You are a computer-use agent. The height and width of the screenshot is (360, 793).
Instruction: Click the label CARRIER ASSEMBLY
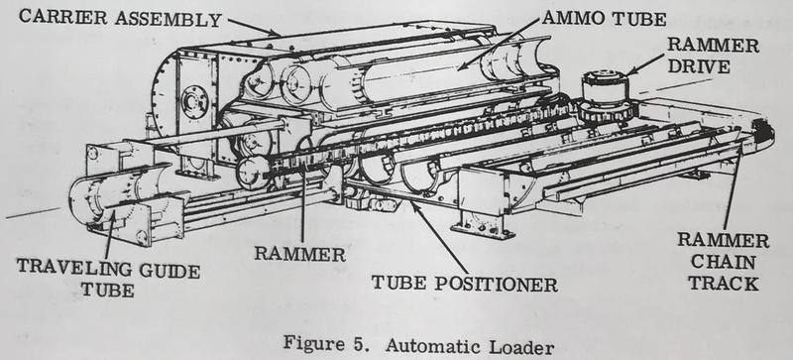[x=120, y=18]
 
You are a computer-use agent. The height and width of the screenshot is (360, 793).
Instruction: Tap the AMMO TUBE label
[x=604, y=19]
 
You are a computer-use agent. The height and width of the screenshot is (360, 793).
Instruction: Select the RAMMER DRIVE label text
[x=713, y=56]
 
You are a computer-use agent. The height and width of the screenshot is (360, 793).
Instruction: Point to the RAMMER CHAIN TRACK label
[x=724, y=262]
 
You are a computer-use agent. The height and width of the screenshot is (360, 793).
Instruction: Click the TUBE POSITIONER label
[x=465, y=283]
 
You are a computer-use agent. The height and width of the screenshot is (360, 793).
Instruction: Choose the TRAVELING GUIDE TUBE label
[x=108, y=278]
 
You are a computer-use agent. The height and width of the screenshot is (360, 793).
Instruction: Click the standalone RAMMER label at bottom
[x=300, y=253]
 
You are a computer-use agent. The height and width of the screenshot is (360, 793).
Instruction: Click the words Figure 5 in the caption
[x=328, y=344]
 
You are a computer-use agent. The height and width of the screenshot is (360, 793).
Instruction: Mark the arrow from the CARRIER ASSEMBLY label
[x=254, y=27]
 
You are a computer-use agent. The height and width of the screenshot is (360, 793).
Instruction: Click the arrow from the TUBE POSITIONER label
[x=438, y=237]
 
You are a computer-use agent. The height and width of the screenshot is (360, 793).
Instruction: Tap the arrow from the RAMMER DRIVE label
[x=644, y=64]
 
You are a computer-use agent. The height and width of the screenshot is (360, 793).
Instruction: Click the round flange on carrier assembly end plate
[x=194, y=102]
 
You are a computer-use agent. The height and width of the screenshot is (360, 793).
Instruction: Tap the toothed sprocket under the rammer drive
[x=606, y=111]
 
